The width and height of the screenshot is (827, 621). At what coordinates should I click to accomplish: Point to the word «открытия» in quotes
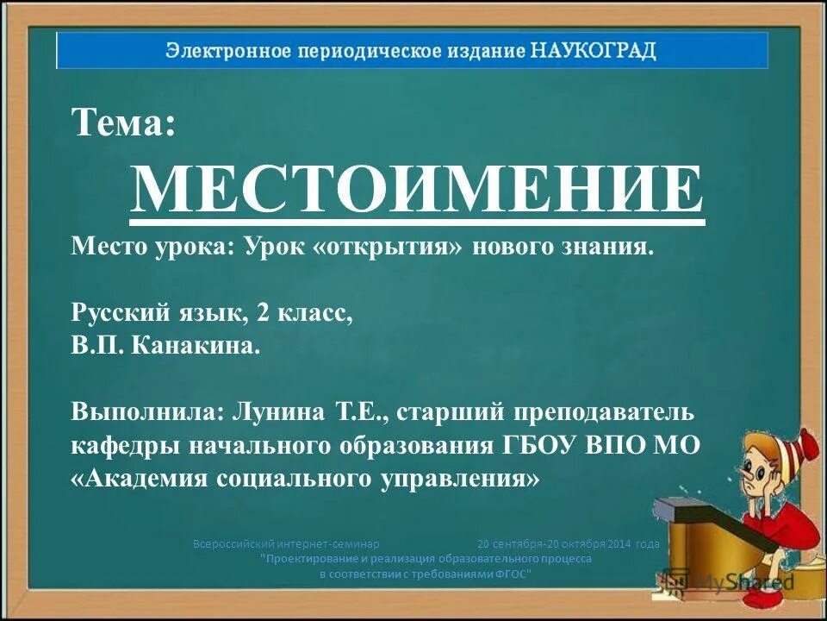(x=393, y=248)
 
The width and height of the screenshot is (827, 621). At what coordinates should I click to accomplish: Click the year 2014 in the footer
(x=619, y=544)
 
